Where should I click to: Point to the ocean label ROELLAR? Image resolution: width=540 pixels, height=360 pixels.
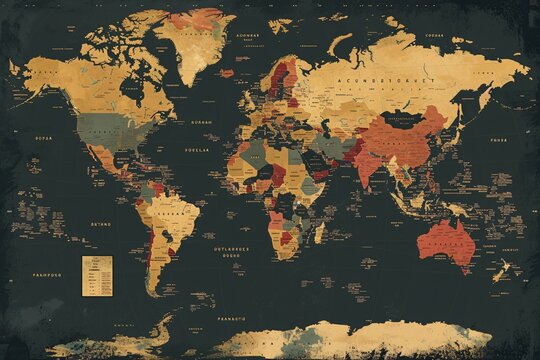point(197,149)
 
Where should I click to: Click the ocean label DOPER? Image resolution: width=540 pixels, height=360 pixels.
point(43,138)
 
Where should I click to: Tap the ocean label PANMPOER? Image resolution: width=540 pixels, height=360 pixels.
point(47,273)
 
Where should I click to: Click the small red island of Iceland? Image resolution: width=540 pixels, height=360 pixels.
point(226,72)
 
